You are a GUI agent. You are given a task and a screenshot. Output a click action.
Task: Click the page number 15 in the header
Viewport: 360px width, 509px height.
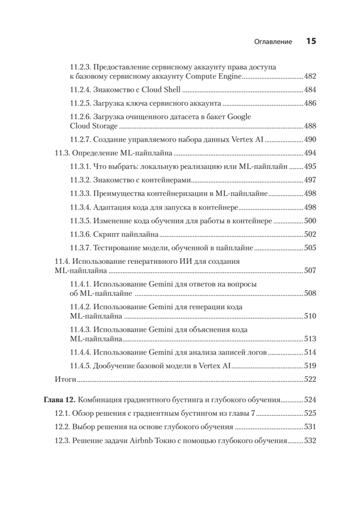point(311,42)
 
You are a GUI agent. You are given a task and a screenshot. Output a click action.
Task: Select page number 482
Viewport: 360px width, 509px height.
point(310,76)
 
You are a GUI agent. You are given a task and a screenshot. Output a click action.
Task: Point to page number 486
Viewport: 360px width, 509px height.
point(310,103)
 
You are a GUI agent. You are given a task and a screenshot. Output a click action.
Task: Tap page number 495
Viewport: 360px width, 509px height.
point(310,166)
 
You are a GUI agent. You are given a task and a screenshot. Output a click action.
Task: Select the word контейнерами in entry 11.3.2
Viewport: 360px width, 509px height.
point(167,180)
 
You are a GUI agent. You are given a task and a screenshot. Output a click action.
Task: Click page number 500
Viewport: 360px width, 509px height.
point(310,221)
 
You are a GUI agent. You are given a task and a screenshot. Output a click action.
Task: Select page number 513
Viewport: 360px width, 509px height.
point(310,338)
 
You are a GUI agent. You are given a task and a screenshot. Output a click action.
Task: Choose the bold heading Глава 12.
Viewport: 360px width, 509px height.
point(60,400)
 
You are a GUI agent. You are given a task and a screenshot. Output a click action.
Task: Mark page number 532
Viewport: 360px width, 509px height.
point(310,441)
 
